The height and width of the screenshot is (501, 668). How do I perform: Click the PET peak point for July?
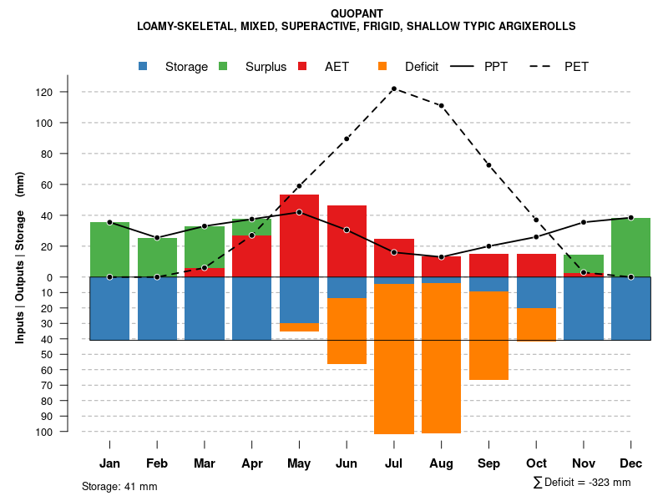click(x=393, y=89)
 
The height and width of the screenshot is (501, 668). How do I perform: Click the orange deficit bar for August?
click(x=441, y=358)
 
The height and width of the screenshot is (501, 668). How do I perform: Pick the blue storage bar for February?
click(x=157, y=308)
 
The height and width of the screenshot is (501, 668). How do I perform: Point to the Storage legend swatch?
click(x=144, y=66)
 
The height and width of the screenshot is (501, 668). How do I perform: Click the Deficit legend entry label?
click(x=422, y=67)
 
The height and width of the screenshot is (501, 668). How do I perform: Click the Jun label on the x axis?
click(x=346, y=463)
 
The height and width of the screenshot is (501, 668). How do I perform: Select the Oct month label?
click(x=536, y=463)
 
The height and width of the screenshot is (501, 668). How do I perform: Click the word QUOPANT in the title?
click(x=357, y=13)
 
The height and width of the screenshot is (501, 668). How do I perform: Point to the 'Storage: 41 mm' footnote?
click(x=119, y=486)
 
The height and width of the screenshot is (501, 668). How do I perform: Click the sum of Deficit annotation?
click(x=582, y=483)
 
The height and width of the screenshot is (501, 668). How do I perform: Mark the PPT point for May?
click(x=299, y=212)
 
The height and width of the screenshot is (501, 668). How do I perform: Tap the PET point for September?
click(x=488, y=165)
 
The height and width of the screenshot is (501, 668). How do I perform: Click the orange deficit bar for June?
click(x=347, y=331)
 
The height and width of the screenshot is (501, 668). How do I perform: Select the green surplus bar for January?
click(x=109, y=250)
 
